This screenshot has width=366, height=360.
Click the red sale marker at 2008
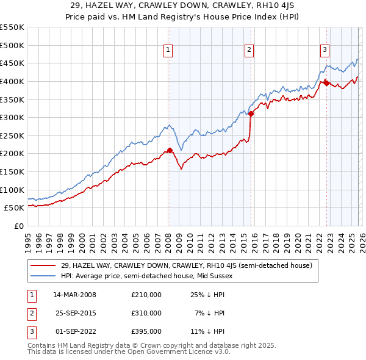170,149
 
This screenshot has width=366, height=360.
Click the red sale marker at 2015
251,113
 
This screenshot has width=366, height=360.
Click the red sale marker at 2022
326,82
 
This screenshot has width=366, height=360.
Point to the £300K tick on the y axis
12,117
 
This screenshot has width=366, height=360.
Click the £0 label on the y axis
18,226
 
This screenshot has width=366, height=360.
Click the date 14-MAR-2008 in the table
74,295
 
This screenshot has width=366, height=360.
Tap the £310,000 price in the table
146,313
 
